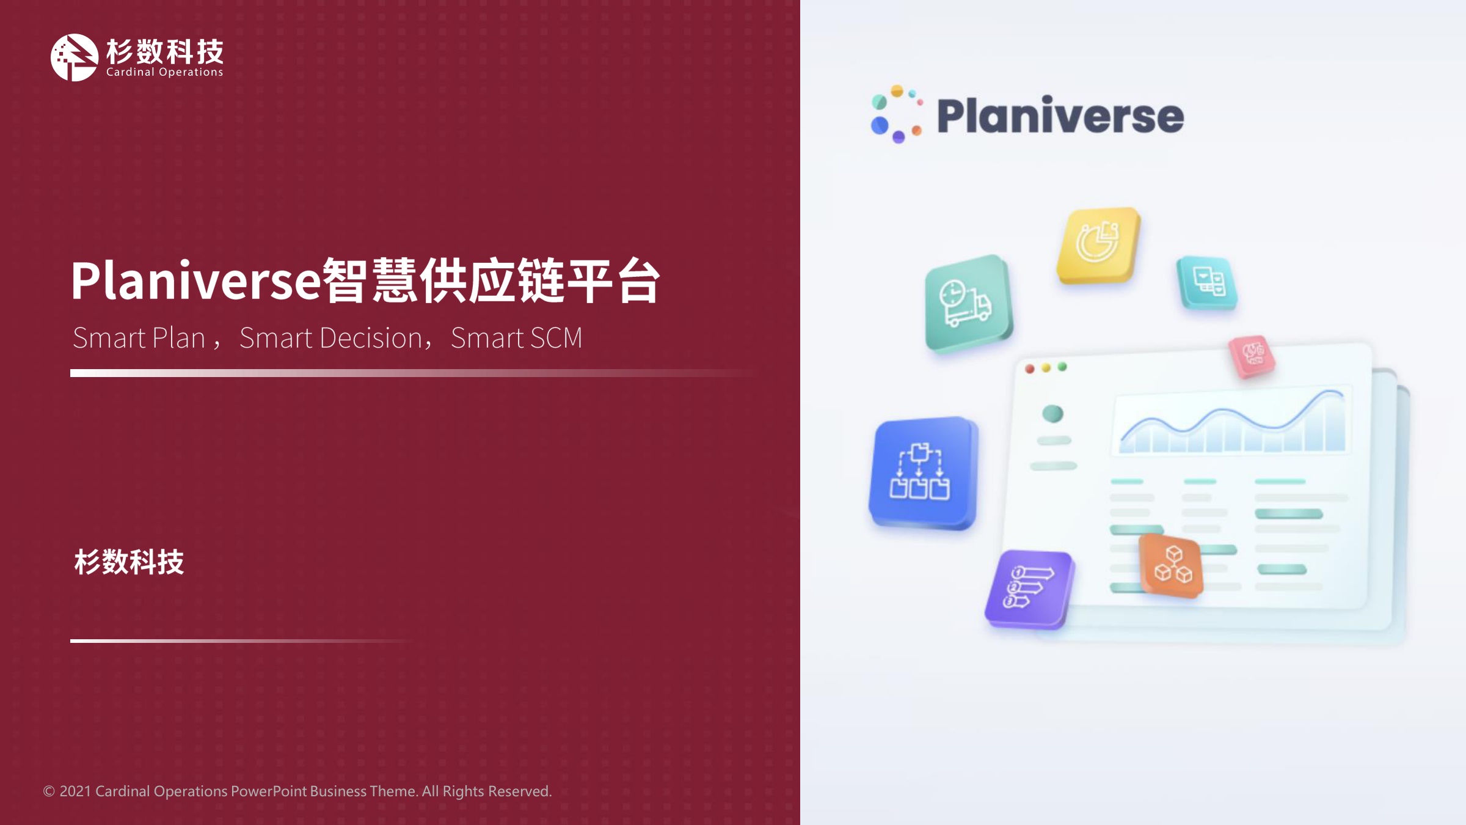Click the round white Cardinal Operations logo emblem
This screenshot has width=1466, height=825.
pyautogui.click(x=74, y=57)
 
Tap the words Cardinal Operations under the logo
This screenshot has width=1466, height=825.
pyautogui.click(x=165, y=72)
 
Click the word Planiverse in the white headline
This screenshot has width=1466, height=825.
pyautogui.click(x=195, y=280)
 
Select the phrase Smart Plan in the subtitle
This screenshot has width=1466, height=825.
pyautogui.click(x=139, y=338)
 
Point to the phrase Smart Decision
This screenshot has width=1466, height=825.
pyautogui.click(x=330, y=338)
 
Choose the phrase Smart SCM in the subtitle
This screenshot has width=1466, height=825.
pyautogui.click(x=516, y=338)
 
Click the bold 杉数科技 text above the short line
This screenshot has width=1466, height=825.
pyautogui.click(x=129, y=562)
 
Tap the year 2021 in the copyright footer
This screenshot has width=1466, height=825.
pyautogui.click(x=75, y=791)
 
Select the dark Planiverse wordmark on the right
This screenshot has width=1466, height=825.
pyautogui.click(x=1060, y=116)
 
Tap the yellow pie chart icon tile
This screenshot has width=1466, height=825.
pyautogui.click(x=1098, y=245)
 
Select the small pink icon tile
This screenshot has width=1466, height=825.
pyautogui.click(x=1252, y=356)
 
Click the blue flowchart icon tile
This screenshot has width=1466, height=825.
pyautogui.click(x=924, y=472)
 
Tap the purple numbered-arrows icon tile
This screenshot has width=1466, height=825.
pyautogui.click(x=1029, y=589)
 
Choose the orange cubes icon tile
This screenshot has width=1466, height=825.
pyautogui.click(x=1171, y=565)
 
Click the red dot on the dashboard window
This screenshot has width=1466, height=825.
pyautogui.click(x=1030, y=369)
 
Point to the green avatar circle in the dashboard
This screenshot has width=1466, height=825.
pyautogui.click(x=1052, y=414)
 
